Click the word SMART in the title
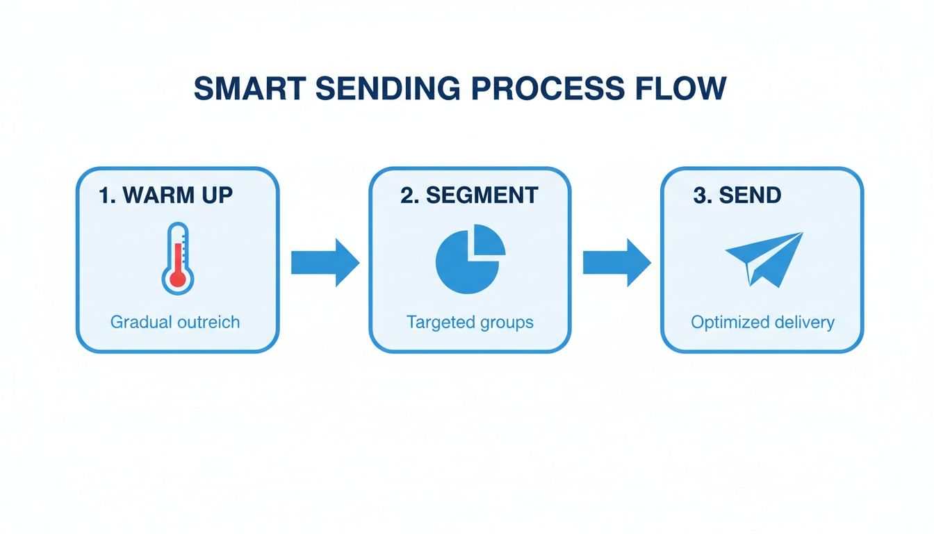click(x=249, y=89)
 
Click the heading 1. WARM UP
click(x=166, y=195)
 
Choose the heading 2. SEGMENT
click(x=469, y=195)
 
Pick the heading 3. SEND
click(x=737, y=195)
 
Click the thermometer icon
click(x=178, y=257)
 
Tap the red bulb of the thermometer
click(x=178, y=279)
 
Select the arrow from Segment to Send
click(x=616, y=263)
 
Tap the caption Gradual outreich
click(x=175, y=322)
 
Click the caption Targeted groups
click(x=470, y=322)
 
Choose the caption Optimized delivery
click(x=762, y=322)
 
